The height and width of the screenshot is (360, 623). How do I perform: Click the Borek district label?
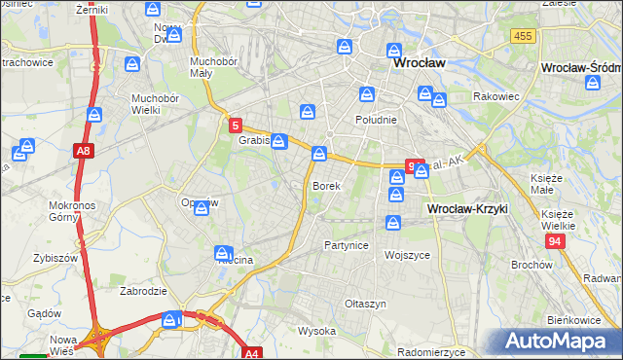[x=326, y=185]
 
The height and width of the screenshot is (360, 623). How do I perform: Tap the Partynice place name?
[x=347, y=245]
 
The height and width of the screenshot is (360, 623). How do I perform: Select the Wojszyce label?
[x=407, y=255]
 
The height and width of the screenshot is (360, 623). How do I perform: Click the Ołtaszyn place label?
[x=366, y=304]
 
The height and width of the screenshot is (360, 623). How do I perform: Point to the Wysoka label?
[x=316, y=331]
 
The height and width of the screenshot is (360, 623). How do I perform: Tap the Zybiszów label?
[x=55, y=259]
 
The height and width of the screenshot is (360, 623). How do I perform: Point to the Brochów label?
[x=531, y=265]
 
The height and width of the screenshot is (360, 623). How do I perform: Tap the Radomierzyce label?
[x=435, y=352]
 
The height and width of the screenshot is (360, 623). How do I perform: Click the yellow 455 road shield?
[x=523, y=36]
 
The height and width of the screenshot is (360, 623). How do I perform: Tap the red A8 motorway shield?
[x=84, y=151]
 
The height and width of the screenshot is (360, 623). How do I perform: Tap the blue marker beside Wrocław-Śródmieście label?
[x=593, y=84]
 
